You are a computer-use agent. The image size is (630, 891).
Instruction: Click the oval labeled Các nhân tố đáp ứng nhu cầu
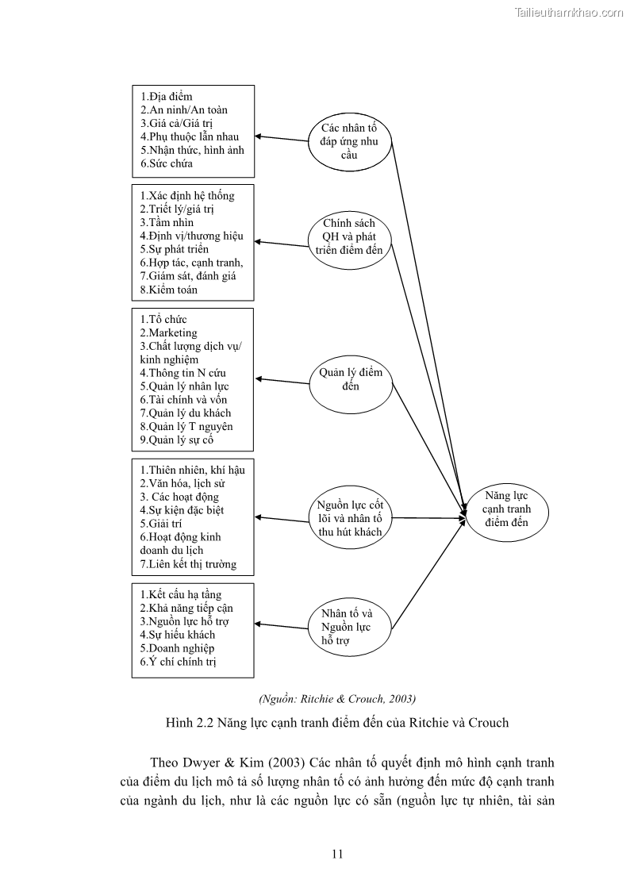click(350, 141)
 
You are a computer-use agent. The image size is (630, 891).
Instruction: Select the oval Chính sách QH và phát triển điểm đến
click(349, 236)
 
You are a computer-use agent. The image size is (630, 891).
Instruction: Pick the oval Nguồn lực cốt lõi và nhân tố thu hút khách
click(350, 518)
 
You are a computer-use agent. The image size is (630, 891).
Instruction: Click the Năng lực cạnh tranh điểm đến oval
click(507, 509)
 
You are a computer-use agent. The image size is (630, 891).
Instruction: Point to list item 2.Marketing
click(168, 332)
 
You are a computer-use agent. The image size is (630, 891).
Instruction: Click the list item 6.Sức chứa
click(167, 163)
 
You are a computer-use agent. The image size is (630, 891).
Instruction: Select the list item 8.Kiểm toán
click(169, 290)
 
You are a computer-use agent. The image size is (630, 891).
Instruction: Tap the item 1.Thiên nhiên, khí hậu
click(192, 470)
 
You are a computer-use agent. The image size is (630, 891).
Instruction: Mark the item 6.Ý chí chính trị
click(179, 661)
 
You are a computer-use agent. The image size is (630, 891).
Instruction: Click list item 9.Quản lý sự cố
click(177, 440)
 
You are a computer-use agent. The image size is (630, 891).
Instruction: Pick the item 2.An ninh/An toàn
click(184, 109)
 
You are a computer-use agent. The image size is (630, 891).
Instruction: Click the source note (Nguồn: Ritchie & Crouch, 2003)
click(337, 698)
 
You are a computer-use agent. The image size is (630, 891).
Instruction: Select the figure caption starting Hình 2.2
click(337, 723)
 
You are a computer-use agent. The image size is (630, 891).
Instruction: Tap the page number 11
click(337, 854)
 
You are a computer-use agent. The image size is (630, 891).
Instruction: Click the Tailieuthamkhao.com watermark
click(569, 12)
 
